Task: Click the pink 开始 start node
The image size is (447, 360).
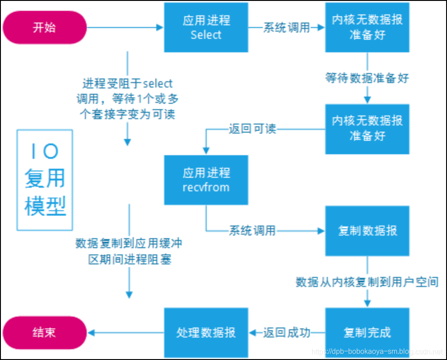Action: [44, 28]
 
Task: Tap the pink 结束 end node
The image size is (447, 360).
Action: [44, 332]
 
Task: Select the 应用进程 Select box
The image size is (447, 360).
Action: [206, 28]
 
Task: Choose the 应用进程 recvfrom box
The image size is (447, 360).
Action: [206, 180]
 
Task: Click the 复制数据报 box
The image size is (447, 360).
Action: [367, 231]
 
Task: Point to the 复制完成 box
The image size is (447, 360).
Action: [367, 332]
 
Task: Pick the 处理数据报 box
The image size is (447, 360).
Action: [206, 332]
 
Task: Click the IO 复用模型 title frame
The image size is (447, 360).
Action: [45, 180]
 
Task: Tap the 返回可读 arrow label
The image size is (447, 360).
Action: [252, 129]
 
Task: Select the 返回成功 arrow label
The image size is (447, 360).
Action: [287, 332]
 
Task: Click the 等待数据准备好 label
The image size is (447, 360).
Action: [367, 78]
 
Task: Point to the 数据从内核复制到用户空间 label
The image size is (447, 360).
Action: [367, 282]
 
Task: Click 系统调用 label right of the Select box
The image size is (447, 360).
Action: [287, 28]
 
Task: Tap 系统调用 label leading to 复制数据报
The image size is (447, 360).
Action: [252, 231]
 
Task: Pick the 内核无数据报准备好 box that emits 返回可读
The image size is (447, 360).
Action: [367, 129]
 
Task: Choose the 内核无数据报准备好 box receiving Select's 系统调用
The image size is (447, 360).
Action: [367, 28]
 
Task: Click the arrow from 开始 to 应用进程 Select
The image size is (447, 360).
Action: [124, 28]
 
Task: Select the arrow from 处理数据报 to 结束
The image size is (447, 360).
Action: [126, 332]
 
